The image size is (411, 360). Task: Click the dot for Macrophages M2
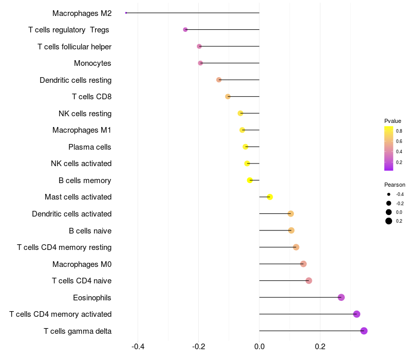point(126,13)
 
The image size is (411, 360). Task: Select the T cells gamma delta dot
point(364,331)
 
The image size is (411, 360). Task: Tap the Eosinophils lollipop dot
point(341,297)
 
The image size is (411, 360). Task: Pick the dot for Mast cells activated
point(270,197)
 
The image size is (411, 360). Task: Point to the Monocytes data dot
point(200,63)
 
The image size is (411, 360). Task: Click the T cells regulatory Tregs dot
point(185,30)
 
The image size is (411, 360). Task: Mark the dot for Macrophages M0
point(303,264)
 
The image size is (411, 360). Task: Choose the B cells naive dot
point(291,230)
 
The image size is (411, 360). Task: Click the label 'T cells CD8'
point(91,97)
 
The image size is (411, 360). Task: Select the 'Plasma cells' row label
point(89,147)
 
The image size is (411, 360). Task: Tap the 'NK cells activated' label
point(81,164)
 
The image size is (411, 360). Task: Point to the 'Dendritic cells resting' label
point(76,80)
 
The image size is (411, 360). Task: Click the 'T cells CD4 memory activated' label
point(60,314)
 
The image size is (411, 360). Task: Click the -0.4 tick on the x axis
point(138,347)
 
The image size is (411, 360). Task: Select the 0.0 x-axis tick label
point(259,347)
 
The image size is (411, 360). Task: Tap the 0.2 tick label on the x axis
point(320,347)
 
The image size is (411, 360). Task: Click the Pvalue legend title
point(393,121)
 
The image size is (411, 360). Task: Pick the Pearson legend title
point(395,185)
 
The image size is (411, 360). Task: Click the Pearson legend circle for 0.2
point(389,221)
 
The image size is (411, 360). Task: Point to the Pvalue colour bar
point(389,148)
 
